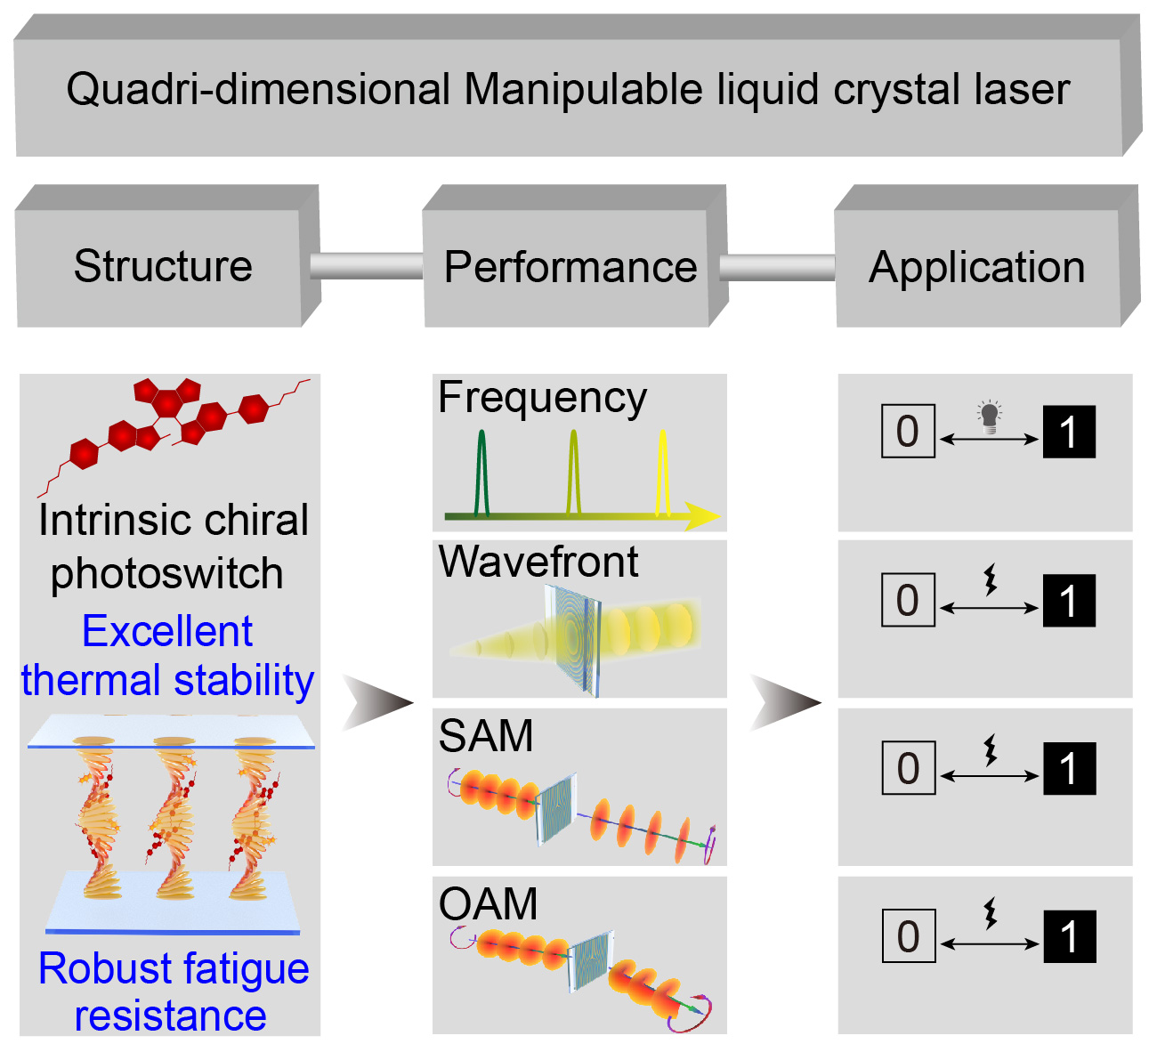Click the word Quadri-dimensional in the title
click(x=259, y=90)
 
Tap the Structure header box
click(x=163, y=266)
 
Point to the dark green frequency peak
click(x=481, y=472)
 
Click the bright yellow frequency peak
click(x=662, y=472)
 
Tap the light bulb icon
click(x=989, y=416)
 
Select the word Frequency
click(x=542, y=398)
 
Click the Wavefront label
click(x=538, y=562)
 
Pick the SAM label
click(x=486, y=736)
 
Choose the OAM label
click(x=488, y=904)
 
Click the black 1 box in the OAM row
click(x=1069, y=936)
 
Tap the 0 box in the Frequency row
click(x=908, y=432)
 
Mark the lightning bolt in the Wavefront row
click(x=990, y=579)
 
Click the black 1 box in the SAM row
click(x=1069, y=768)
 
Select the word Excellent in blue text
click(x=167, y=632)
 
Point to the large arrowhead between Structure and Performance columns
click(x=377, y=702)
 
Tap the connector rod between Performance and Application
click(x=776, y=267)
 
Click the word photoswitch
click(x=166, y=574)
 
